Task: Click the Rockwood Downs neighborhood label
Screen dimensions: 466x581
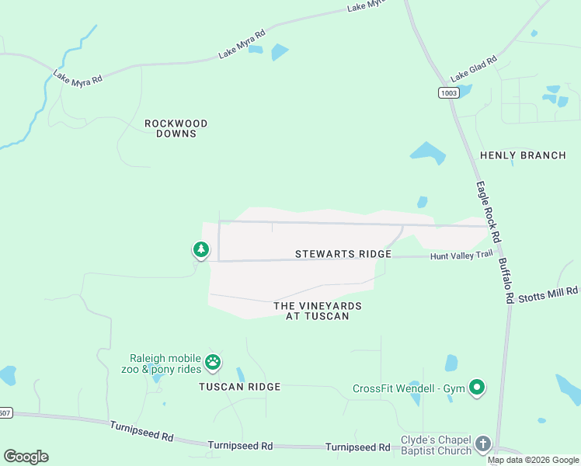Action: (x=176, y=128)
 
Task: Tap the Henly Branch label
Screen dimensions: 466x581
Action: (x=523, y=155)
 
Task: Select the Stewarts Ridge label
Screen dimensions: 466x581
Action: (x=343, y=254)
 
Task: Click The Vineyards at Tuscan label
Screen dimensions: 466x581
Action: (x=317, y=311)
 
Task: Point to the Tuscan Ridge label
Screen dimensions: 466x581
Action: (x=239, y=386)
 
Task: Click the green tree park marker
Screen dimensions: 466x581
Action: (x=201, y=249)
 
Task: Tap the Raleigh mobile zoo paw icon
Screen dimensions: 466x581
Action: (x=213, y=361)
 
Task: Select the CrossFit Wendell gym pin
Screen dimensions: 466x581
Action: (x=477, y=387)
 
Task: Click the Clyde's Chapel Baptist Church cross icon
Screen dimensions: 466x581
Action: (x=483, y=443)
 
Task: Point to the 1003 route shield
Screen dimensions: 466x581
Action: (x=448, y=92)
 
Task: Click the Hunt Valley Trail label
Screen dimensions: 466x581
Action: (x=461, y=254)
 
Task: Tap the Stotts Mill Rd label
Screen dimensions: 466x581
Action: (x=548, y=293)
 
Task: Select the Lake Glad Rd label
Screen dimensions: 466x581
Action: (x=471, y=71)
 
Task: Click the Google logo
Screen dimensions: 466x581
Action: (x=26, y=457)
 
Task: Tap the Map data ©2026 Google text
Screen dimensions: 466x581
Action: (x=534, y=460)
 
